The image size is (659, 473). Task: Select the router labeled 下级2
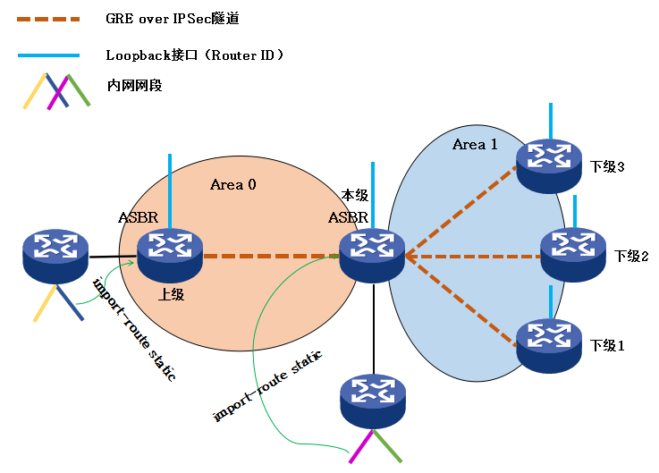(x=573, y=254)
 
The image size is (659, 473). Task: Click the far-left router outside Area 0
(x=55, y=255)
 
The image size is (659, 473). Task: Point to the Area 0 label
(x=233, y=185)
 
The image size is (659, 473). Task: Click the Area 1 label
(x=469, y=145)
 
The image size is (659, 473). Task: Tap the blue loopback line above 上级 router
(x=169, y=189)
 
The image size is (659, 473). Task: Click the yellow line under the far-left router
(x=44, y=306)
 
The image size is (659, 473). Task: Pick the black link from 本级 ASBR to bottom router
(x=373, y=327)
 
